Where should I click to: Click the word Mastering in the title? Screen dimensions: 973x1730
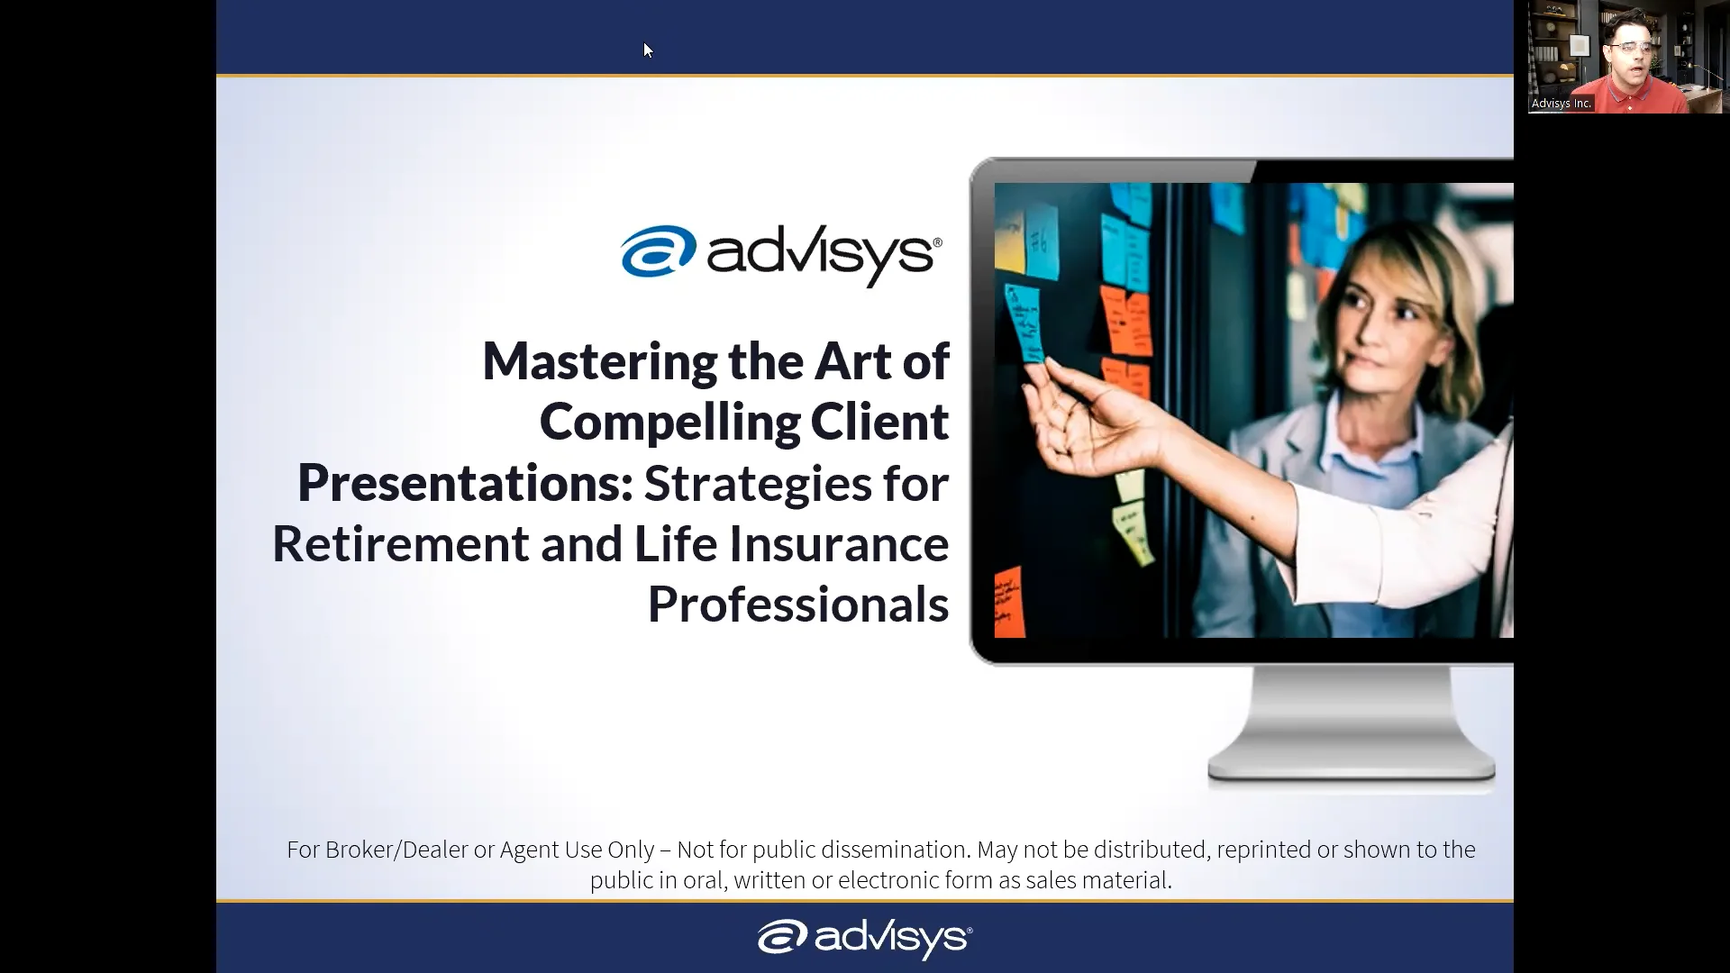[x=599, y=362]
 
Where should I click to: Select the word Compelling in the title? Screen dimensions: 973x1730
[x=669, y=423]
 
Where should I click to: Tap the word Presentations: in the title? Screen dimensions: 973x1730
[x=465, y=484]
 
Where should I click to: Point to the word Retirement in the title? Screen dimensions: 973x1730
[x=400, y=544]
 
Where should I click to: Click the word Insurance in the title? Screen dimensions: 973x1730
[x=838, y=544]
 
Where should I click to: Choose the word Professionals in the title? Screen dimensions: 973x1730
[x=797, y=605]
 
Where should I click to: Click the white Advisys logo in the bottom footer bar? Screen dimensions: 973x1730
[x=864, y=938]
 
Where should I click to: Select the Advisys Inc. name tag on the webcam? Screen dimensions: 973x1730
[x=1561, y=104]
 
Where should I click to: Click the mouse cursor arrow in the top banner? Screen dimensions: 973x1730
[x=647, y=49]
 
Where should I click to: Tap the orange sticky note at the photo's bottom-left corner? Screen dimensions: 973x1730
[x=1009, y=602]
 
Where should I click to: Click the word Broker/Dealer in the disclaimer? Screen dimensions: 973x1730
[x=396, y=850]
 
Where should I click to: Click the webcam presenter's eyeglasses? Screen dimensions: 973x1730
[x=1630, y=47]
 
